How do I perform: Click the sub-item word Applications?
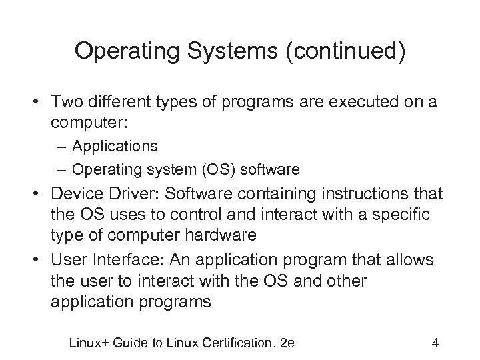point(115,145)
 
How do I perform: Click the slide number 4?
point(435,344)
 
